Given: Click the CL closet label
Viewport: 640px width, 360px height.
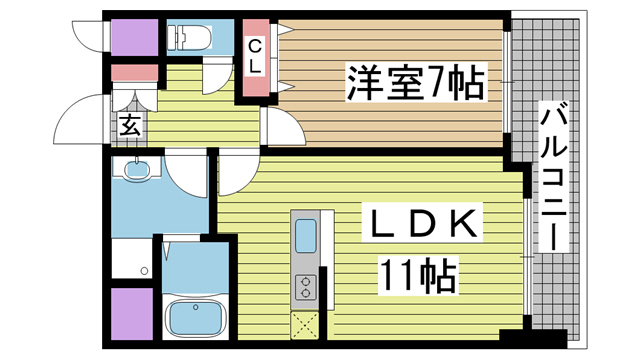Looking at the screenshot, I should pos(254,55).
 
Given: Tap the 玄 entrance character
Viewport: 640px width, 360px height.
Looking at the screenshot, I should pos(129,125).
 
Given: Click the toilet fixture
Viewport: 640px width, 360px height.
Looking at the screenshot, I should pos(189,38).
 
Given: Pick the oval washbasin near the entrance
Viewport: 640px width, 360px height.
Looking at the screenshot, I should pos(135,170).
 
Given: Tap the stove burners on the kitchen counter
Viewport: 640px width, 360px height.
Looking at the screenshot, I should pos(305,288).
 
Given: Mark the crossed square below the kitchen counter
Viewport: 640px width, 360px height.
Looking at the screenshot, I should pos(305,325).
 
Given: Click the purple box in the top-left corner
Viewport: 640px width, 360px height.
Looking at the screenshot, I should pos(134,38).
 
